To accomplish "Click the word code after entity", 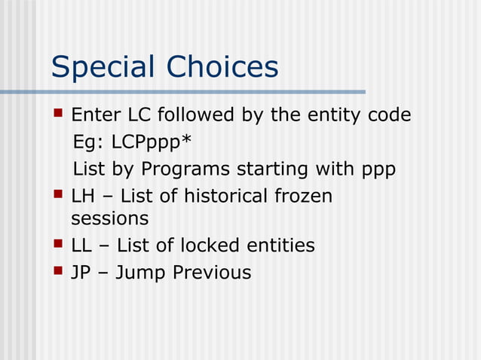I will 389,115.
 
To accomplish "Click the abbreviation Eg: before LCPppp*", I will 88,142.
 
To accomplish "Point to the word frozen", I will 303,197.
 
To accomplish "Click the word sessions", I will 109,218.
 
